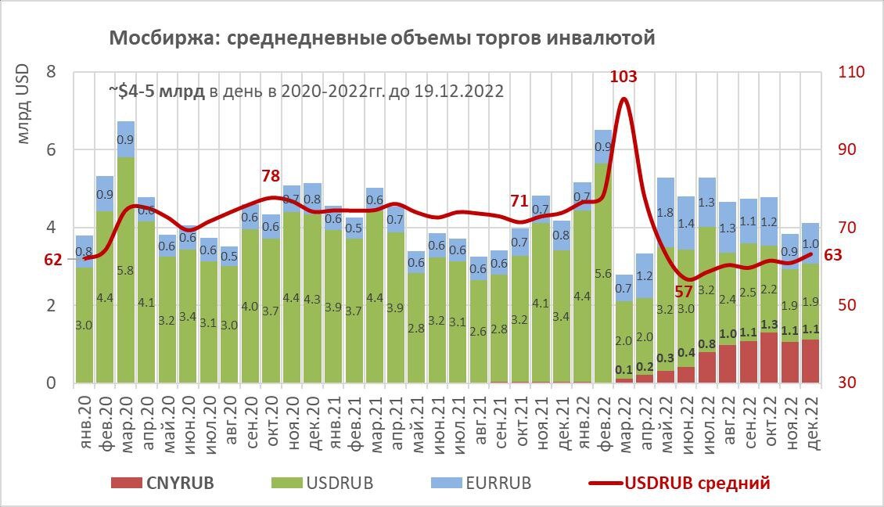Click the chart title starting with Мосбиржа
click(x=381, y=38)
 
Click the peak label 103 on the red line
click(x=623, y=77)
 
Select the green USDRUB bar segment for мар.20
click(x=126, y=270)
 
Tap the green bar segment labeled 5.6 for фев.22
click(x=603, y=274)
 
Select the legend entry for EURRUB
click(x=483, y=484)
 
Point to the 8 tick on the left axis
click(x=51, y=72)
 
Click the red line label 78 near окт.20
click(x=271, y=176)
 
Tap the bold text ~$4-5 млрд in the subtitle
click(x=156, y=91)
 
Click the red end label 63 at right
click(x=834, y=254)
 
